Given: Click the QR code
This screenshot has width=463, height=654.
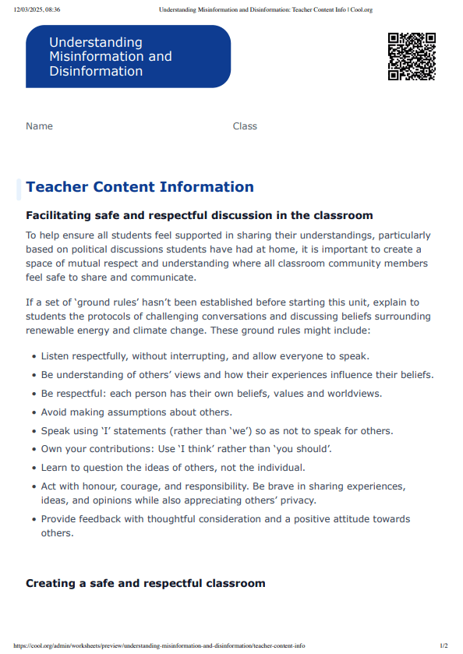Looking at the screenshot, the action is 412,56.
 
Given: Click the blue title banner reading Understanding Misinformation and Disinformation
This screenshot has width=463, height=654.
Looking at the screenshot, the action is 128,56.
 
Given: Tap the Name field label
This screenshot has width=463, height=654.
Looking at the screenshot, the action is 39,126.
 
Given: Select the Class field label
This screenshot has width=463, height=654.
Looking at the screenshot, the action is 245,126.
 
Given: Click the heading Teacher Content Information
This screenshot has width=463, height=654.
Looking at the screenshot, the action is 140,187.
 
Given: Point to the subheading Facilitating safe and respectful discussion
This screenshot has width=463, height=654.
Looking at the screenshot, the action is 199,215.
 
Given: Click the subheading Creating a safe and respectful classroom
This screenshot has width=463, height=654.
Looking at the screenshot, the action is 145,583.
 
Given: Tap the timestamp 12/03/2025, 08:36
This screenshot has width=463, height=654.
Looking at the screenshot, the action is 37,10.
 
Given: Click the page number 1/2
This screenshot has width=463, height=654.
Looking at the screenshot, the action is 444,645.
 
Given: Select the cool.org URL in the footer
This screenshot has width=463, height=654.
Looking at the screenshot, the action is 159,645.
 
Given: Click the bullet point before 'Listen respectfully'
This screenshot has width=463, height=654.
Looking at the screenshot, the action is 34,357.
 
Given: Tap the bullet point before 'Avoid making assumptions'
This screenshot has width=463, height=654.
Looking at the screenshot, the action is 34,413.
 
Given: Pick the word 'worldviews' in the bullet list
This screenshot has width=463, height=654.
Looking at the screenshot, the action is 353,394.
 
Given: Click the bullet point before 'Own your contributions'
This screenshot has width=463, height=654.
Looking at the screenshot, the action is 34,449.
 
